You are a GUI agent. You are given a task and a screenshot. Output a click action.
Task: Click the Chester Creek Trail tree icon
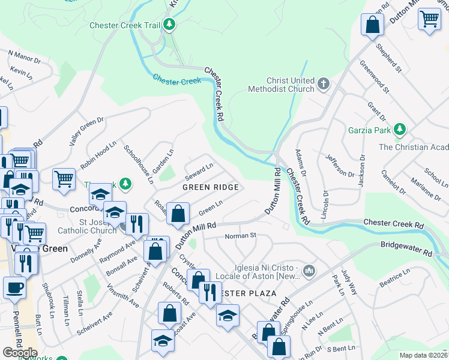tap(170, 25)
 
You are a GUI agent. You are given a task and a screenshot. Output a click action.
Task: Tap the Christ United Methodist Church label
tap(282, 85)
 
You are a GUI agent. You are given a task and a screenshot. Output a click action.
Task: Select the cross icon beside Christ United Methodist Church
tap(324, 83)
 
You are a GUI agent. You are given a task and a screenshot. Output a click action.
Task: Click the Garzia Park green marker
tap(400, 130)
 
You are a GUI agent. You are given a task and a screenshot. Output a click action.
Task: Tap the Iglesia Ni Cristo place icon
tap(309, 271)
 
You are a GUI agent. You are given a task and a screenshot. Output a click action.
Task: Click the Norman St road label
tap(240, 236)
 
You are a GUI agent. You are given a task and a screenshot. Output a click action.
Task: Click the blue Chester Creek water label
tap(176, 79)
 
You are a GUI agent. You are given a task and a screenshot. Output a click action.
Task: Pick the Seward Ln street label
tap(199, 171)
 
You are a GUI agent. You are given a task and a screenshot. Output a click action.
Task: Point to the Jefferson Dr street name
tap(340, 166)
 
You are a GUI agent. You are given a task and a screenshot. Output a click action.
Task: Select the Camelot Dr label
tap(393, 182)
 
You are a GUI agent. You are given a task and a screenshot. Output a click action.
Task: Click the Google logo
tap(20, 353)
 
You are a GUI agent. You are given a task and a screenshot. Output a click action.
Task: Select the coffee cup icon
tap(14, 287)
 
